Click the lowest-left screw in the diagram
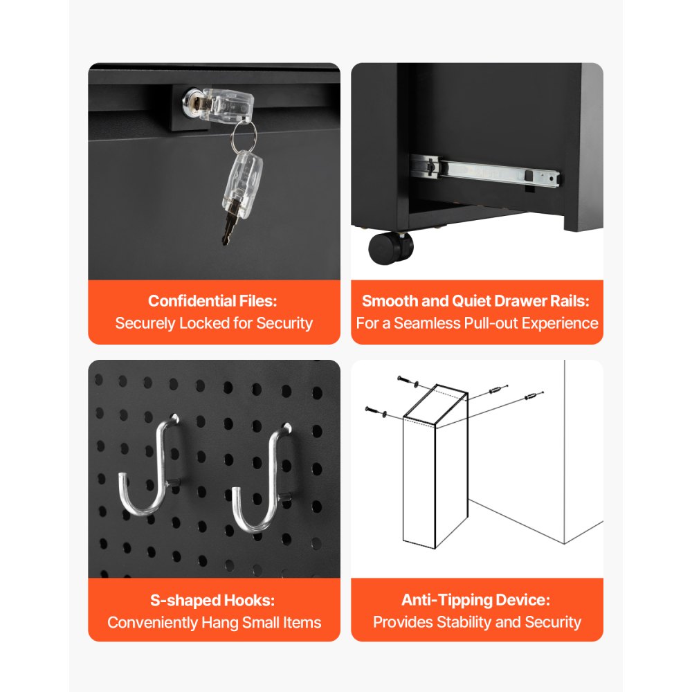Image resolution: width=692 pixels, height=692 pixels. coord(371,410)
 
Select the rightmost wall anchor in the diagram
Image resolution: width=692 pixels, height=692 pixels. coord(533,397)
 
